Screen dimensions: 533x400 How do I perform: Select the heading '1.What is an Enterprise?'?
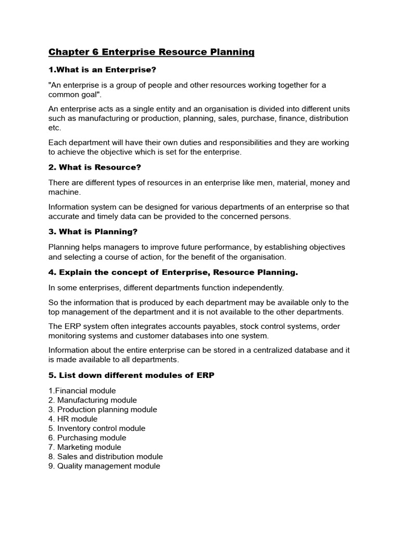click(x=102, y=70)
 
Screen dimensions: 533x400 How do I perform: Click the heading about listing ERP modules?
click(x=131, y=375)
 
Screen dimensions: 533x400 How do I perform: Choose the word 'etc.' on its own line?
click(x=55, y=128)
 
